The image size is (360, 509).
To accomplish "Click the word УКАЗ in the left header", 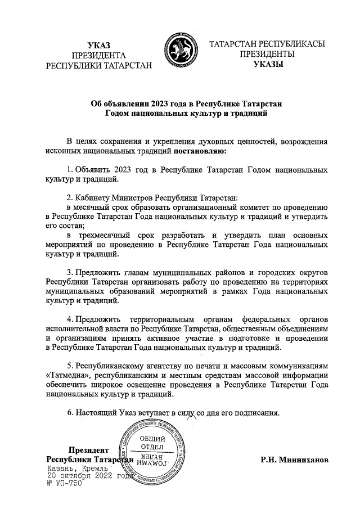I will point(100,44).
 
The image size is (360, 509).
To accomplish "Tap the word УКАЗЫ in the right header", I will point(268,65).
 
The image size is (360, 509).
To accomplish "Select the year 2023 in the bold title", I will point(163,103).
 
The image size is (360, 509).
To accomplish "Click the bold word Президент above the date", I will point(88,450).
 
